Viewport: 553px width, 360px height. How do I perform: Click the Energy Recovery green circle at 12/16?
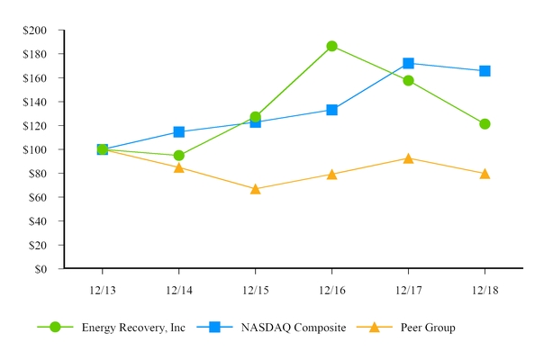click(331, 46)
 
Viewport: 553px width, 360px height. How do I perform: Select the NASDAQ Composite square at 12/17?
click(408, 63)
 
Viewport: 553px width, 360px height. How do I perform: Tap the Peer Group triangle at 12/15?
click(255, 189)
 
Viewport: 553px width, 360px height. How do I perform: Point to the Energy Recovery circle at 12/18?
click(485, 124)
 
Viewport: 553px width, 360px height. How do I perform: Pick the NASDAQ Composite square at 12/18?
click(485, 70)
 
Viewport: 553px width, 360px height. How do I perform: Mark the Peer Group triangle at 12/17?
click(408, 158)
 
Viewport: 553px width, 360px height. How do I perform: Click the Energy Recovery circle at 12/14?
click(178, 156)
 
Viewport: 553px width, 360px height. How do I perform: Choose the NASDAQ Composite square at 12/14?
click(178, 132)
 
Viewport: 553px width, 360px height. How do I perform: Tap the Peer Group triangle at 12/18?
click(485, 174)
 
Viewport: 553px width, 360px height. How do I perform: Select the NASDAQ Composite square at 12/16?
click(331, 110)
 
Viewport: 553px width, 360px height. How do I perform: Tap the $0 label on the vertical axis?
click(41, 268)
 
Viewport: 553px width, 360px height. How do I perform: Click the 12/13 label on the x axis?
click(102, 290)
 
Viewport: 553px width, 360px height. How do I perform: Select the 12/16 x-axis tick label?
click(331, 290)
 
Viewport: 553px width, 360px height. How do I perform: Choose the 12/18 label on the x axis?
click(485, 290)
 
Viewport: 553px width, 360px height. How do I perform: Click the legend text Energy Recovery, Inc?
click(133, 328)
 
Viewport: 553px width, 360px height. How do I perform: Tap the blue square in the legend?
click(214, 328)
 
